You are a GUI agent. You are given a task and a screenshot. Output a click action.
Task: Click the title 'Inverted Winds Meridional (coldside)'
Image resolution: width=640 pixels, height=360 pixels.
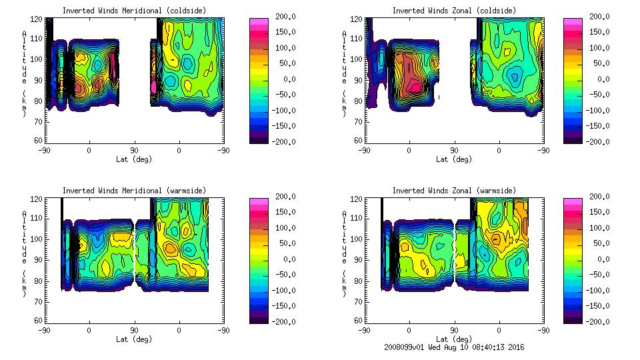pyautogui.click(x=134, y=10)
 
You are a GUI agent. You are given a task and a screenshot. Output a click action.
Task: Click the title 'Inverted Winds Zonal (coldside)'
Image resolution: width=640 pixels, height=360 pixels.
pyautogui.click(x=454, y=10)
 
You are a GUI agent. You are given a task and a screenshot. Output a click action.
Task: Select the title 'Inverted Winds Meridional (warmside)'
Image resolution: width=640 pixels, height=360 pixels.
pyautogui.click(x=134, y=191)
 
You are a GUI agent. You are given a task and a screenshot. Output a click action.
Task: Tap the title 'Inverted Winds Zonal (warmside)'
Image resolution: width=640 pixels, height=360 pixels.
pyautogui.click(x=454, y=191)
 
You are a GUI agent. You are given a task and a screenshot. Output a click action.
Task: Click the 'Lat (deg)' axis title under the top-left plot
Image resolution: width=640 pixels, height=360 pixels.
pyautogui.click(x=134, y=159)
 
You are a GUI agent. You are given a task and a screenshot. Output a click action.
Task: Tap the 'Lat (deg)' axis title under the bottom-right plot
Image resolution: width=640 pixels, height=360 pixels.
pyautogui.click(x=454, y=339)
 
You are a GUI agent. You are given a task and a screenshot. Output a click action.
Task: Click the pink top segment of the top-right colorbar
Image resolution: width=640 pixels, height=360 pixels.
pyautogui.click(x=573, y=22)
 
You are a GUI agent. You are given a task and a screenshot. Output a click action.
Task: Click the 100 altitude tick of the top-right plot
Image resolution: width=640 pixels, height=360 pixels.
pyautogui.click(x=359, y=59)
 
